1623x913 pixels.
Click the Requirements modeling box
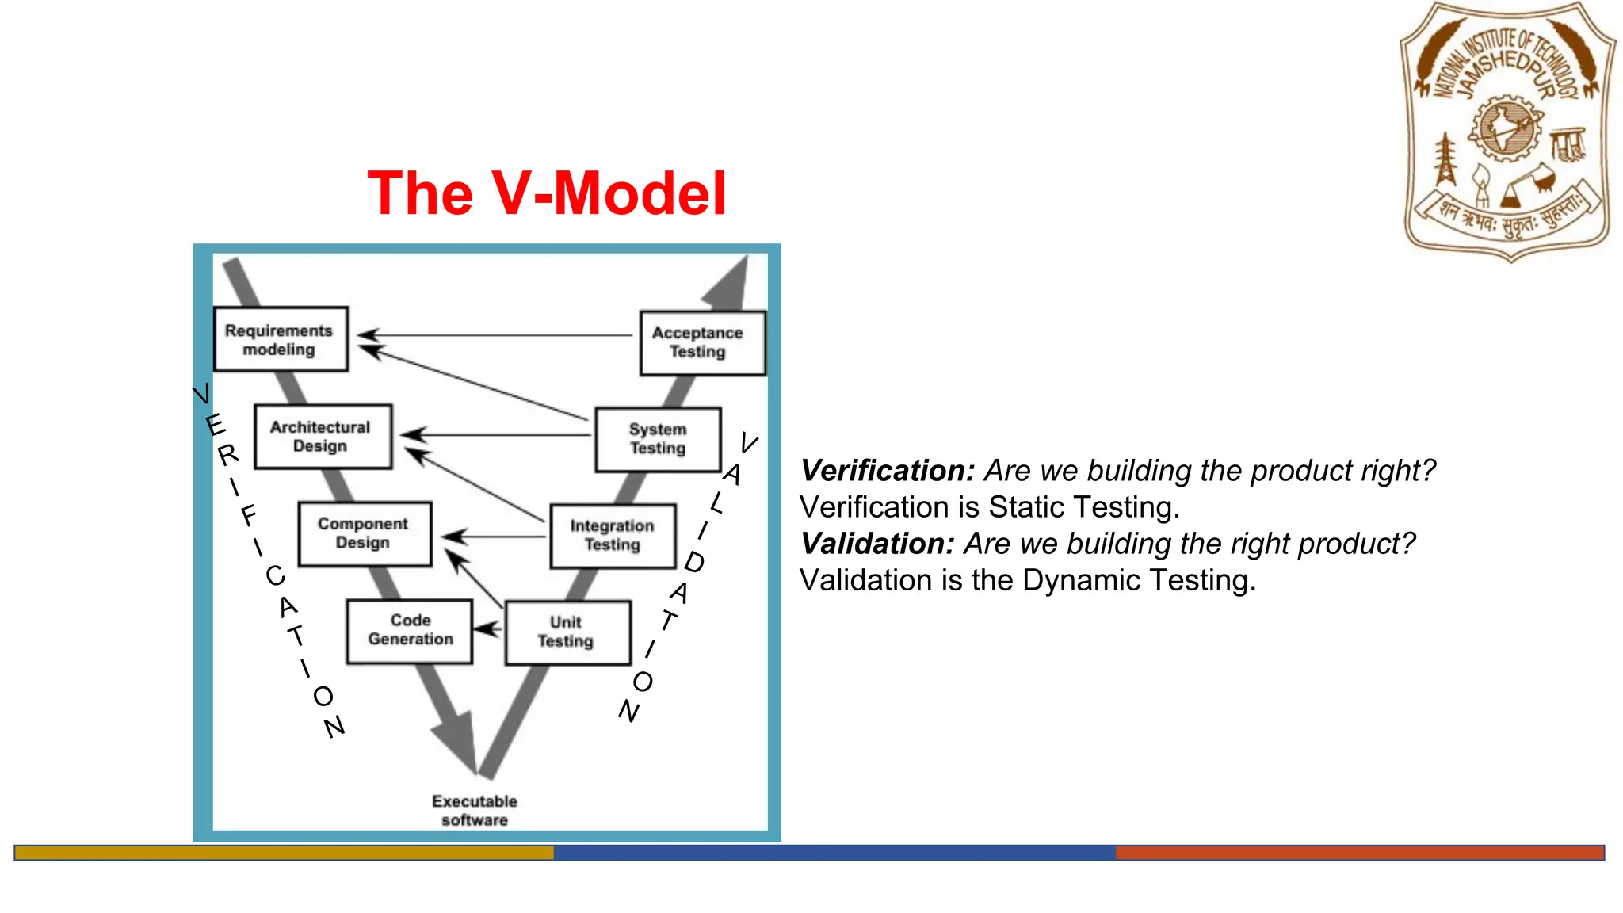click(281, 339)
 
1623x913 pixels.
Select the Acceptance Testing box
click(702, 342)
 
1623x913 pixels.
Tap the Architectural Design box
click(323, 437)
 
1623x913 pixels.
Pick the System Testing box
click(658, 439)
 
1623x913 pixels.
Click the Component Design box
click(365, 533)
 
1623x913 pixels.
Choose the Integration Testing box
click(613, 536)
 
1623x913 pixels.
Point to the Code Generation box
click(410, 630)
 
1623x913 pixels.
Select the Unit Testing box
click(567, 632)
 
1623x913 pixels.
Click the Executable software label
click(474, 810)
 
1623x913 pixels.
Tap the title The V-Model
click(546, 193)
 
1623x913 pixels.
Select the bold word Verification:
click(887, 471)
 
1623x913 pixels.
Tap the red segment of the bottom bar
click(1359, 853)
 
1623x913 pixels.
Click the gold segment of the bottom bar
click(284, 853)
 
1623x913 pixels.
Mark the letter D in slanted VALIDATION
click(693, 563)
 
